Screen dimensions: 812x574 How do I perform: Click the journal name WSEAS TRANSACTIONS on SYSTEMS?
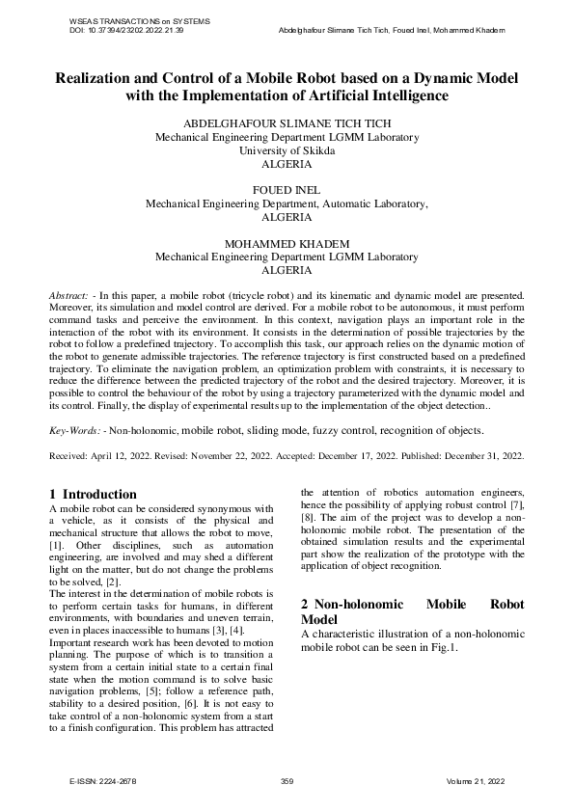tap(141, 21)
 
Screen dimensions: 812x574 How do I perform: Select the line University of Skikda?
tap(287, 151)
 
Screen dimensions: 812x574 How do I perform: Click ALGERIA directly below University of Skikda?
tap(287, 165)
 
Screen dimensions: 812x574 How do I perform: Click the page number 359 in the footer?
tap(287, 780)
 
